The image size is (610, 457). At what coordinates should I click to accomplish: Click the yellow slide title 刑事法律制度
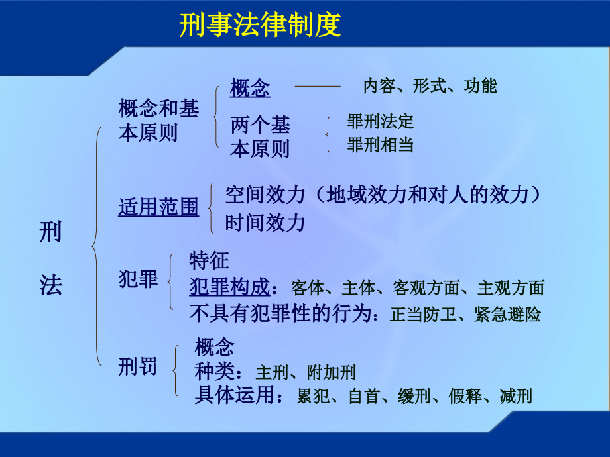pos(261,26)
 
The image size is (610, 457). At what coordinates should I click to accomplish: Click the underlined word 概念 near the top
pos(250,88)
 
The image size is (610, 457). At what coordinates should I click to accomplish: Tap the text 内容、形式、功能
pos(430,86)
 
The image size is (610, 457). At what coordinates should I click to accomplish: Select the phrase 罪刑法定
pos(380,121)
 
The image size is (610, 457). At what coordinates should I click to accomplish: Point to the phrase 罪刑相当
pos(380,145)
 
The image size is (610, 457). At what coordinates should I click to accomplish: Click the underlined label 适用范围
pos(158,207)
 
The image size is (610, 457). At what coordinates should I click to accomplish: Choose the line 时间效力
pos(265,223)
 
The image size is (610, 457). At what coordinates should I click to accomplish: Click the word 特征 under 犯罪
pos(209,260)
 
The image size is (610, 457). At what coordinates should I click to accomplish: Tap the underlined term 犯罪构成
pos(229,287)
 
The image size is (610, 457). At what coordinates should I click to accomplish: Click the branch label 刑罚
pos(138,366)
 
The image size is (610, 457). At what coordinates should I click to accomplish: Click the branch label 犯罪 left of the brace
pos(138,279)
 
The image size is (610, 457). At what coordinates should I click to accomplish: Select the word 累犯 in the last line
pos(314,397)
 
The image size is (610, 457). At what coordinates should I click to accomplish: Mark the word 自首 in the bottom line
pos(364,397)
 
